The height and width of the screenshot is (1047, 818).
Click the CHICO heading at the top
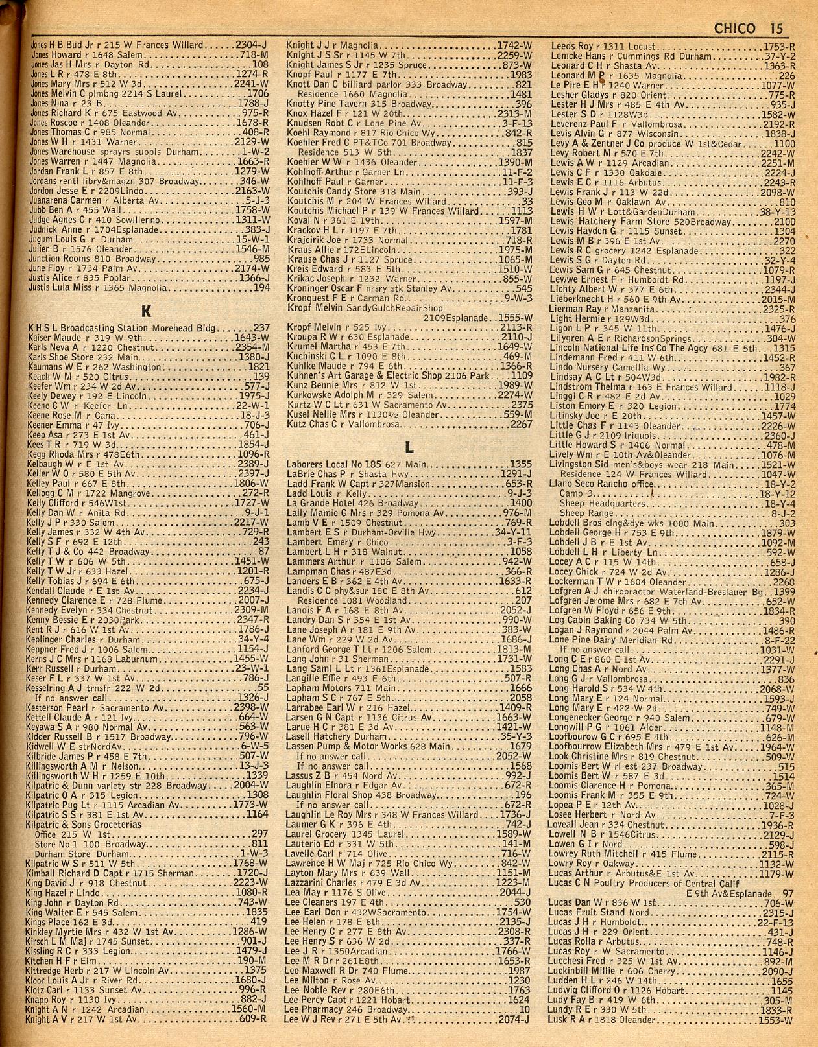734,29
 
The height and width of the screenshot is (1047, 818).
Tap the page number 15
776,29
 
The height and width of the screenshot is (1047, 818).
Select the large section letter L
409,447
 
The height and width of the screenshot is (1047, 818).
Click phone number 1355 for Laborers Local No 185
521,464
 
